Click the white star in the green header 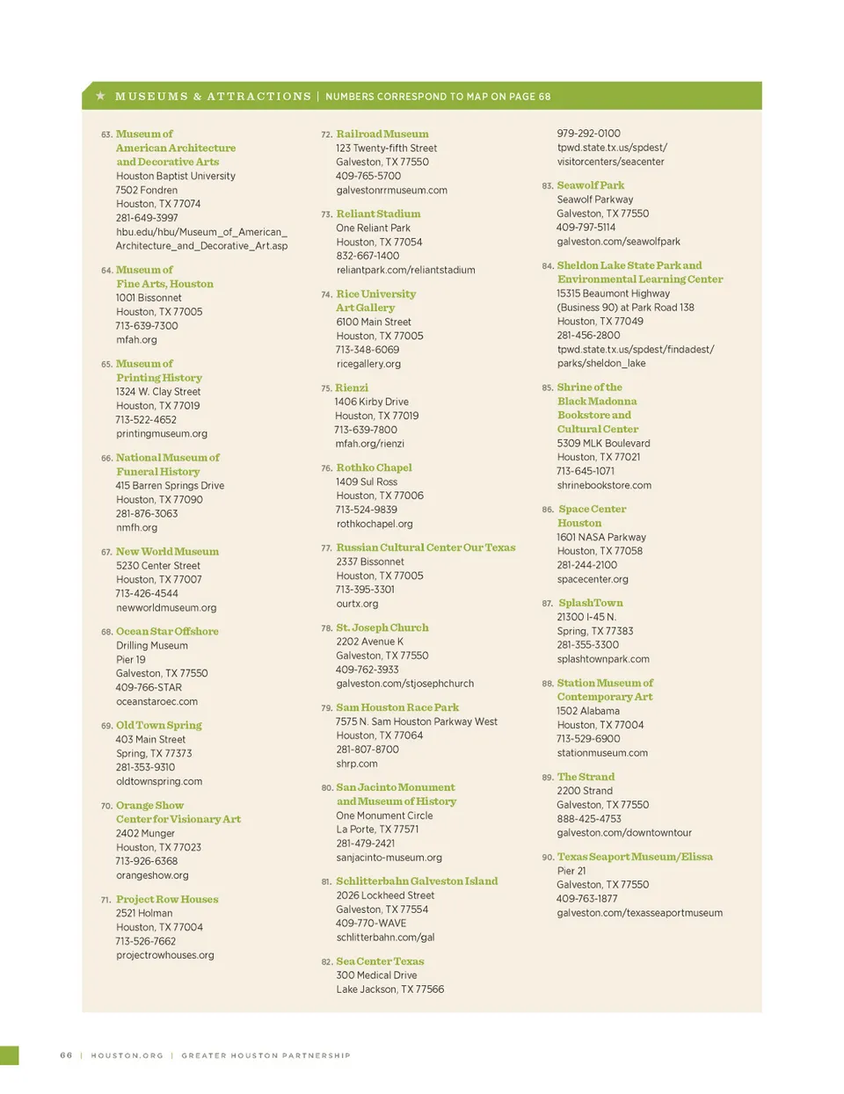click(x=101, y=96)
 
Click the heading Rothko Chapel click(x=374, y=467)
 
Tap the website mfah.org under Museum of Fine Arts click(x=136, y=339)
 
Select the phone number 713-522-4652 click(x=146, y=419)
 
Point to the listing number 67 click(x=105, y=552)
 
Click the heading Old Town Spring click(x=159, y=725)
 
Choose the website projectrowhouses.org click(x=165, y=955)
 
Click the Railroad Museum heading click(x=382, y=134)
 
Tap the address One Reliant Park click(x=373, y=228)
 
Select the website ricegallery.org click(x=368, y=364)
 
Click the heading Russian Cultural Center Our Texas click(x=426, y=547)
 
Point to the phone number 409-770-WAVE click(x=371, y=923)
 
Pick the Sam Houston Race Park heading click(x=397, y=707)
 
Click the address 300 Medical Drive click(x=376, y=975)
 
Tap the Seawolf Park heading click(x=591, y=185)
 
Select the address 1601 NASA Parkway click(x=601, y=537)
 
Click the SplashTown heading click(x=591, y=603)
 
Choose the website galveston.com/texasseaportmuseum click(x=640, y=913)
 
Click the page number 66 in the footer click(x=66, y=1055)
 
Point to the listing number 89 click(x=547, y=778)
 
